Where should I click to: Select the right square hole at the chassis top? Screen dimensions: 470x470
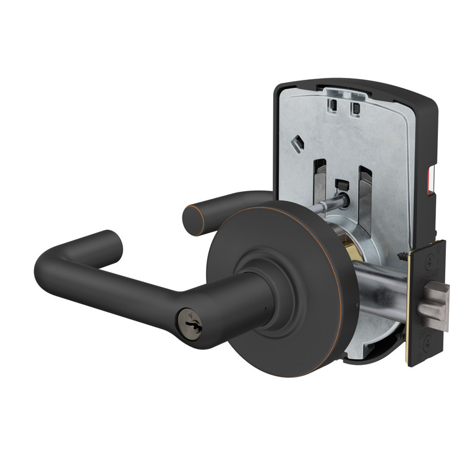[356, 109]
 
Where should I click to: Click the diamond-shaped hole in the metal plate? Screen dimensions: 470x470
[297, 143]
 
